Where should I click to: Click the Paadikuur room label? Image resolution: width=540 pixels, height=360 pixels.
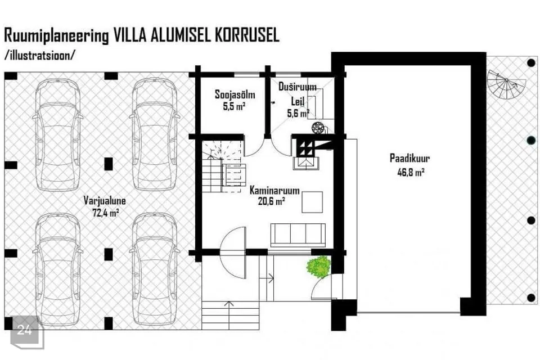point(409,159)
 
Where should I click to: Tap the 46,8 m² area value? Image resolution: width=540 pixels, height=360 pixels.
point(411,172)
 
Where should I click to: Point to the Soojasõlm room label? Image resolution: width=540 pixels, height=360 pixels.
point(235,94)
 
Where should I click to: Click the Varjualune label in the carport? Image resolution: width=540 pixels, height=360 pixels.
point(105,200)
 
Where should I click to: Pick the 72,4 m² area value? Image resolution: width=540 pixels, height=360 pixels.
point(105,212)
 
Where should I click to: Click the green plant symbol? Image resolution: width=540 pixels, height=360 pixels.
point(319,266)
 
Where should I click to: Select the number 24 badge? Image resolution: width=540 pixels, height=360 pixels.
point(25,331)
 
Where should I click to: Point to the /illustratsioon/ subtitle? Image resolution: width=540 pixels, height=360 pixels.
point(39,56)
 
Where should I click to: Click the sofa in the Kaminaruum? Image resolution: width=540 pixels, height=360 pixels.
point(298,235)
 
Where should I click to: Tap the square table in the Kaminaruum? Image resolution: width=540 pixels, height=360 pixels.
point(312,202)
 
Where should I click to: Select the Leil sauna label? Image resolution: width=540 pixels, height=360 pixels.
point(298,102)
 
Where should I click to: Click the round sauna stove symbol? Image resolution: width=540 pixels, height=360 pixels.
point(317,128)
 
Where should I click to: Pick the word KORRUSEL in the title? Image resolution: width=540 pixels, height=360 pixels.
point(247,35)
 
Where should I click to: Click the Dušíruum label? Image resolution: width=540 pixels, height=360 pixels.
point(297,87)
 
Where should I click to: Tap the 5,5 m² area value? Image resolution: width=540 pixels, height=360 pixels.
point(234,106)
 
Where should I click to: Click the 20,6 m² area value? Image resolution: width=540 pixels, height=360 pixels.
point(271,201)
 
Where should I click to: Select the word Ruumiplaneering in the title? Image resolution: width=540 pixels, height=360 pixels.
point(56,36)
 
